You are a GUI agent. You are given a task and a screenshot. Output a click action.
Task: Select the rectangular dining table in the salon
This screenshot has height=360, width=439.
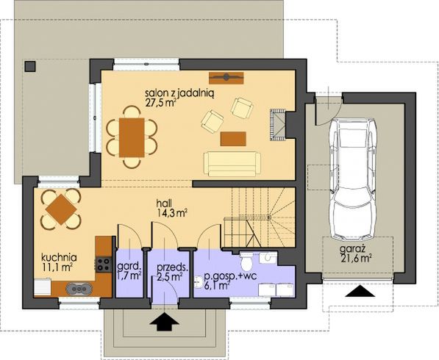coord(132,137)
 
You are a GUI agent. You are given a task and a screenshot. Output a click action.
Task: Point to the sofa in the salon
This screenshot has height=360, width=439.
coord(231,162)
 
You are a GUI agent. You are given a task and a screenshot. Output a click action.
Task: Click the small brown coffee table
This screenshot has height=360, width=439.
coord(232,137)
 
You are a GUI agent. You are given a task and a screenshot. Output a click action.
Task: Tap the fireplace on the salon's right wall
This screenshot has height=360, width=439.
coord(277,122)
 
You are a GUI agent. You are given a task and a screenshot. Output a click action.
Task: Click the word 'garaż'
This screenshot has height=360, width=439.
coord(349,249)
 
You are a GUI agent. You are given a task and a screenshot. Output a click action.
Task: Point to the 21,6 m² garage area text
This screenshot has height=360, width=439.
coord(355,259)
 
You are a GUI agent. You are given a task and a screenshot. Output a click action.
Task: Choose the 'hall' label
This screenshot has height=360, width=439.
coord(165,200)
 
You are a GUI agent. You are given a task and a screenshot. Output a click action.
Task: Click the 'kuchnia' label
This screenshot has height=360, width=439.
coord(56,258)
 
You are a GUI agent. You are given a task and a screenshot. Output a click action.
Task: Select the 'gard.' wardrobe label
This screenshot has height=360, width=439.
coord(128,267)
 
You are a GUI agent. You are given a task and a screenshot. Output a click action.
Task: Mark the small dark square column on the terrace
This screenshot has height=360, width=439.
coord(30,66)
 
